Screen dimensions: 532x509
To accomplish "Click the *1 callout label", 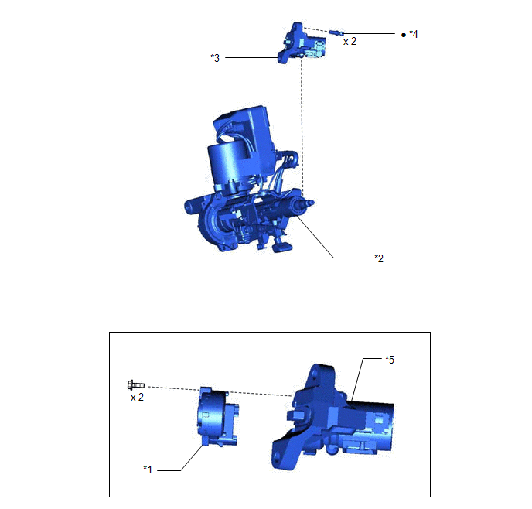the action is pyautogui.click(x=148, y=470).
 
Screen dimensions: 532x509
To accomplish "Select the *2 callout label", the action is pyautogui.click(x=379, y=258).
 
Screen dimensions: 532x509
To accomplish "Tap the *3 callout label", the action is pyautogui.click(x=215, y=58).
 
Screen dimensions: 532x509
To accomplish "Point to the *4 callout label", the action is pyautogui.click(x=414, y=34).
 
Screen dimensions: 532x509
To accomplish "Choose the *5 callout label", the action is pyautogui.click(x=390, y=360).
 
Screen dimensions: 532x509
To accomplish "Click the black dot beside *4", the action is pyautogui.click(x=404, y=35).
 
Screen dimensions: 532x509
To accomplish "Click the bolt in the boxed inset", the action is pyautogui.click(x=136, y=385).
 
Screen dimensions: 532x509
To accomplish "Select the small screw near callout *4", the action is pyautogui.click(x=336, y=32).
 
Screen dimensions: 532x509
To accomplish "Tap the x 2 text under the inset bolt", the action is pyautogui.click(x=137, y=397).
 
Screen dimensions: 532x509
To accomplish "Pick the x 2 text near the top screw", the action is pyautogui.click(x=350, y=42).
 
